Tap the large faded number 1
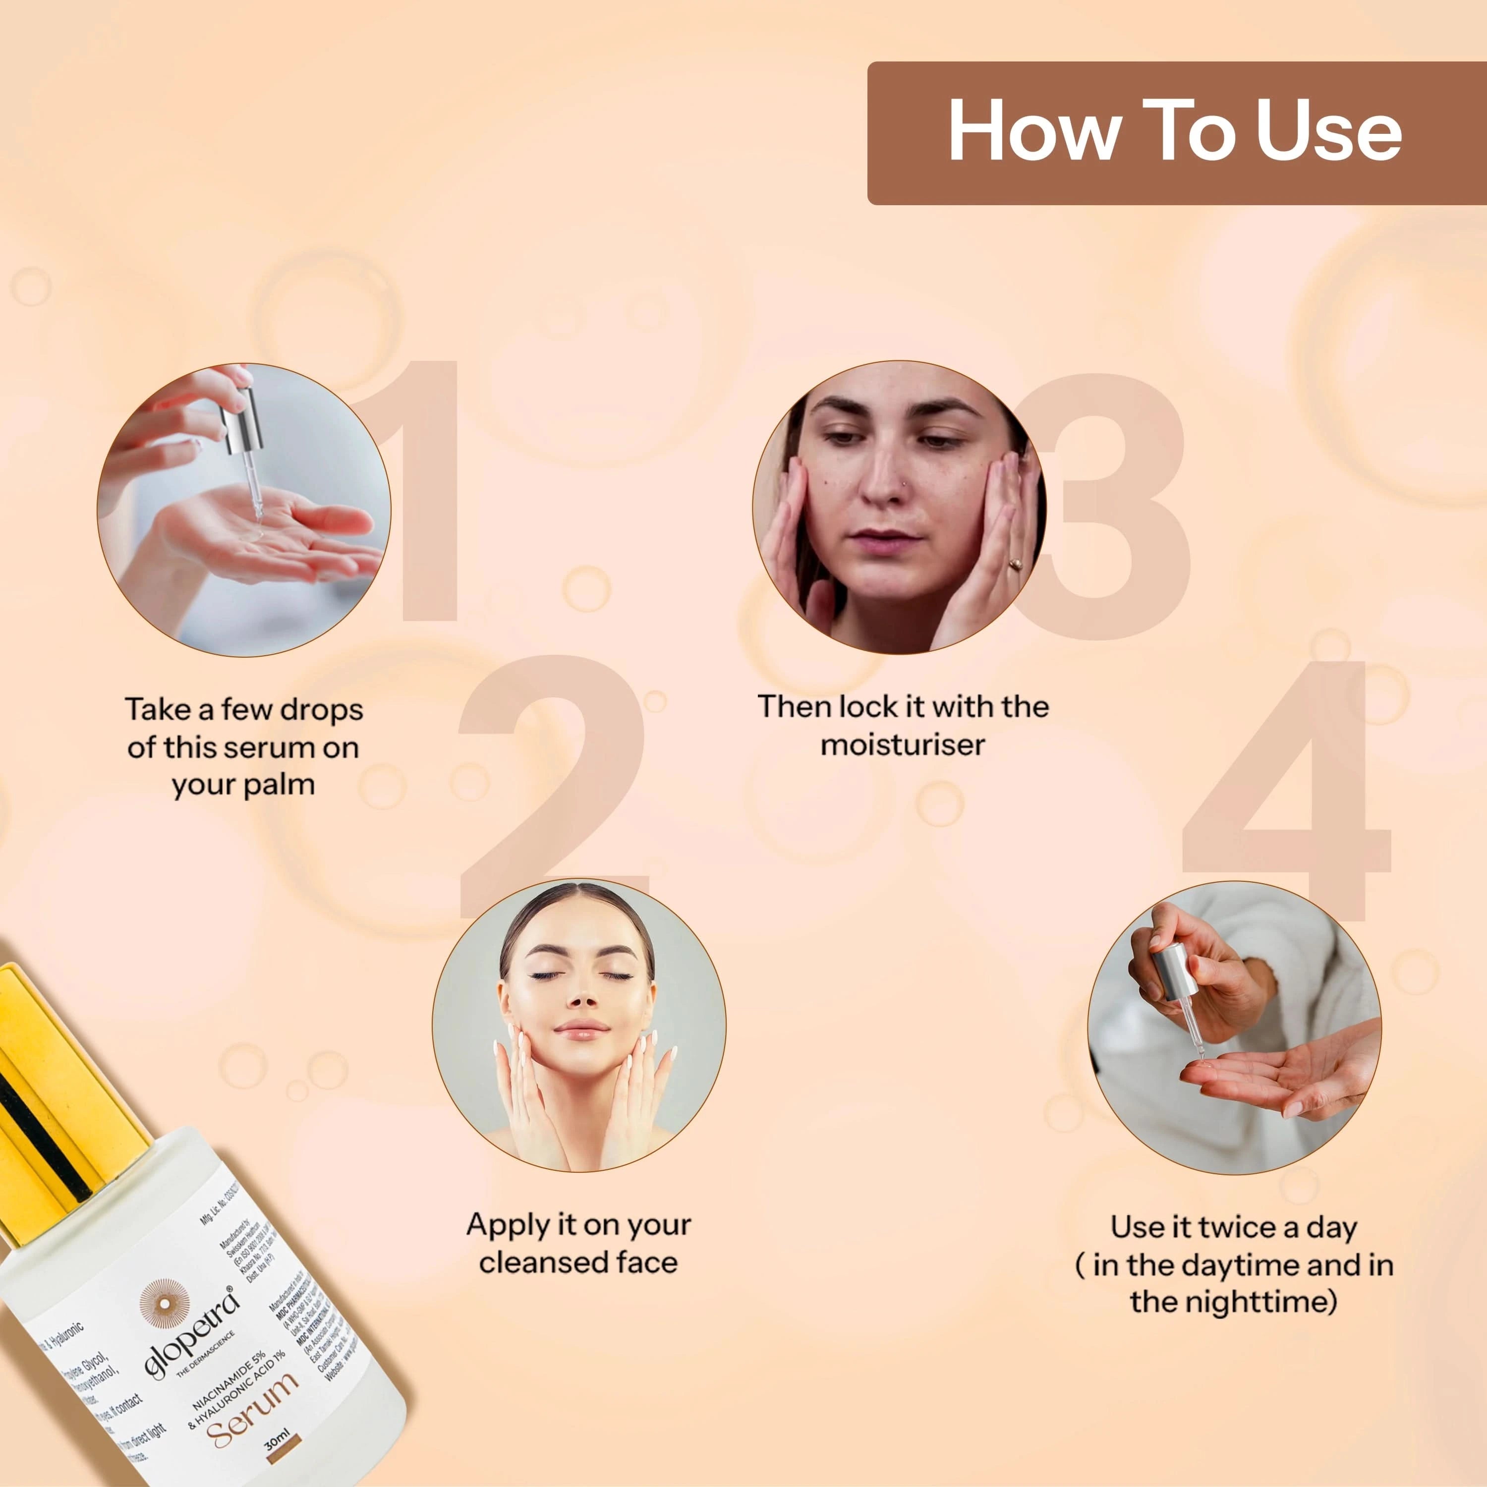pos(419,493)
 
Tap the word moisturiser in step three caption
pos(902,744)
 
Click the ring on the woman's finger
pos(1015,564)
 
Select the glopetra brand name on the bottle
pos(192,1331)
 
